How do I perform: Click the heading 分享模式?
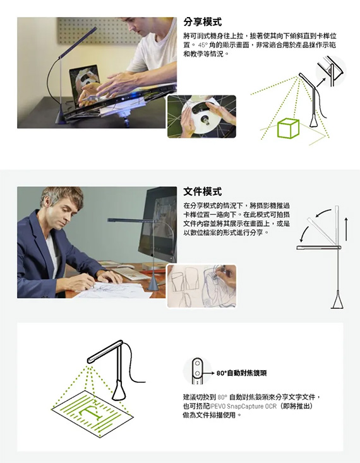click(202, 22)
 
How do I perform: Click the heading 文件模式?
click(202, 191)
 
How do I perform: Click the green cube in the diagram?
click(288, 128)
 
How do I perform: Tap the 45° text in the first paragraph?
click(203, 45)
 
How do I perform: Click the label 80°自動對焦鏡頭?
click(241, 373)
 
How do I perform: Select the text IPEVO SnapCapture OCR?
click(243, 406)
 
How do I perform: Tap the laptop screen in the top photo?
click(85, 86)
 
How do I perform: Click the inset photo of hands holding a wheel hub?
click(201, 116)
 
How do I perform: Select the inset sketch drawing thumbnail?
click(201, 286)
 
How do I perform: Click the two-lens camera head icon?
click(197, 371)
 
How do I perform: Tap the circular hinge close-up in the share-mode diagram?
click(331, 71)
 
